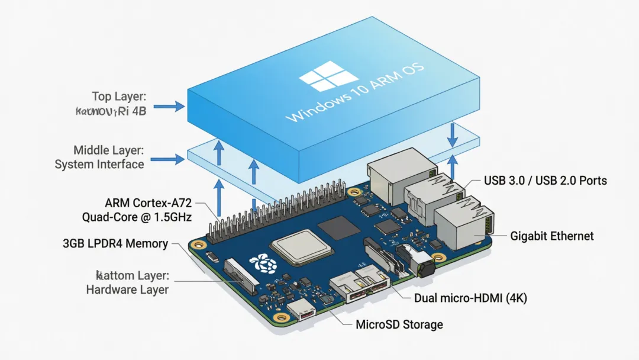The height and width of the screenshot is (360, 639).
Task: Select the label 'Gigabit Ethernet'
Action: pos(551,236)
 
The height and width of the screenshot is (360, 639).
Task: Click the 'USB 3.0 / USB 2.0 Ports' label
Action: pos(545,180)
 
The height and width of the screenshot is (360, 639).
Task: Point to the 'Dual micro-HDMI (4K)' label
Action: pos(470,298)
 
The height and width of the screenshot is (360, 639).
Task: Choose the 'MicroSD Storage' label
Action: pos(399,324)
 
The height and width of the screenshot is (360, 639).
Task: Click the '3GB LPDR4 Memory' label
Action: pos(115,243)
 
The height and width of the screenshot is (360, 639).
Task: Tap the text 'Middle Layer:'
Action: pos(109,150)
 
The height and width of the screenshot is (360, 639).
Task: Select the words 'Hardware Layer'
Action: pos(127,290)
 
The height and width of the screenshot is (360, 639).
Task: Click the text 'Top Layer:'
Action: pos(118,96)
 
